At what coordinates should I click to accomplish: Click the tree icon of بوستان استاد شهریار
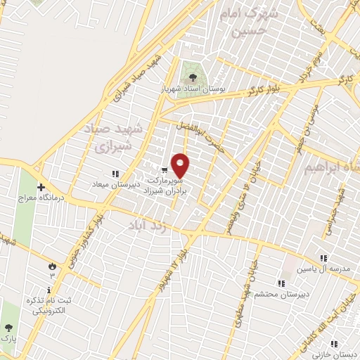tap(193, 77)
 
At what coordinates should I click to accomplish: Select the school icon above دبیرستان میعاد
tap(115, 174)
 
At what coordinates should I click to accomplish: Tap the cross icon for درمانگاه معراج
tap(41, 188)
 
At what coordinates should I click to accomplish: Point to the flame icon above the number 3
tap(51, 265)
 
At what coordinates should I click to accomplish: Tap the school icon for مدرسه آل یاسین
tap(323, 259)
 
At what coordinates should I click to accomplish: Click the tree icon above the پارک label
tap(8, 328)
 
